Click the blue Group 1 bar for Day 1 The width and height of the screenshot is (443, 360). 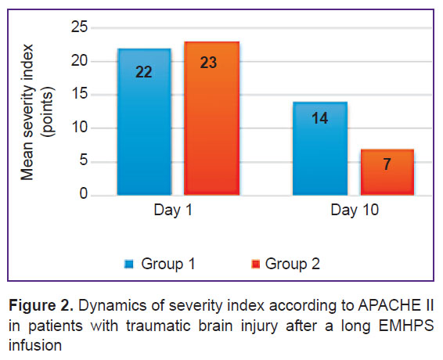(144, 122)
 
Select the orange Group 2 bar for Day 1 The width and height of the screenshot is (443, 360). (211, 118)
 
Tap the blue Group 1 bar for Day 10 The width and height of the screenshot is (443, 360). (320, 149)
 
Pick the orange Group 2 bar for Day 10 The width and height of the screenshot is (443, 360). (387, 172)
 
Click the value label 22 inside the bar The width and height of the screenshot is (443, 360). (144, 72)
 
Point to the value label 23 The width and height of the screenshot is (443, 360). (208, 63)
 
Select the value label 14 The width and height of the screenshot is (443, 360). (320, 118)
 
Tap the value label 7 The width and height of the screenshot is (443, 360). (387, 164)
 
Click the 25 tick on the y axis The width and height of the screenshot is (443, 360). (79, 27)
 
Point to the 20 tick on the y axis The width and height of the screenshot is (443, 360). (79, 61)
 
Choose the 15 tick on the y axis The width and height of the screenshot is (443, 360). (79, 94)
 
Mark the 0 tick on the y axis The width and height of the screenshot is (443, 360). (84, 194)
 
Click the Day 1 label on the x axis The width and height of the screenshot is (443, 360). (173, 211)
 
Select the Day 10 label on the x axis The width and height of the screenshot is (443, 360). (355, 211)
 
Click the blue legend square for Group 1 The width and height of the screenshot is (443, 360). (129, 264)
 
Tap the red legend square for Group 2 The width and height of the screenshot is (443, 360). (255, 264)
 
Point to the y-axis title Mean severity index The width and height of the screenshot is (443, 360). (27, 112)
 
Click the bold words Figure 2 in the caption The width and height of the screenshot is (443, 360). (41, 306)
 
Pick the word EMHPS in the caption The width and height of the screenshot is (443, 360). (406, 326)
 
